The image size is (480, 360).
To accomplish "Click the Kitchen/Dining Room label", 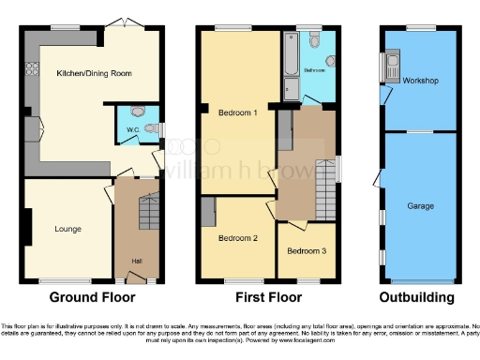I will click(x=93, y=73).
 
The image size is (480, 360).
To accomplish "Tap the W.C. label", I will click(x=121, y=130).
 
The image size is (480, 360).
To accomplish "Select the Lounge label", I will click(x=67, y=229).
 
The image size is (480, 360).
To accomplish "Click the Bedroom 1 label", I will click(x=237, y=112).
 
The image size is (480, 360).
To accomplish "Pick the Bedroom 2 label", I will click(x=237, y=238).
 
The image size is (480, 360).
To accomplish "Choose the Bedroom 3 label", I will click(x=307, y=251).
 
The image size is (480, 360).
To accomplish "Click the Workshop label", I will click(x=421, y=81).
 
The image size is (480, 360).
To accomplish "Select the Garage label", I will click(x=419, y=204).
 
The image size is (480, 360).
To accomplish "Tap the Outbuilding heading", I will click(x=418, y=298).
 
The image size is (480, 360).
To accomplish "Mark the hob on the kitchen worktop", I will click(x=31, y=68).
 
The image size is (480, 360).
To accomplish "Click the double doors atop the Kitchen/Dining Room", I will click(x=118, y=22).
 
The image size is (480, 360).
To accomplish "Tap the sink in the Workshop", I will click(x=390, y=67).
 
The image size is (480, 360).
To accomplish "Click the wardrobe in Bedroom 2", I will click(x=208, y=212).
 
